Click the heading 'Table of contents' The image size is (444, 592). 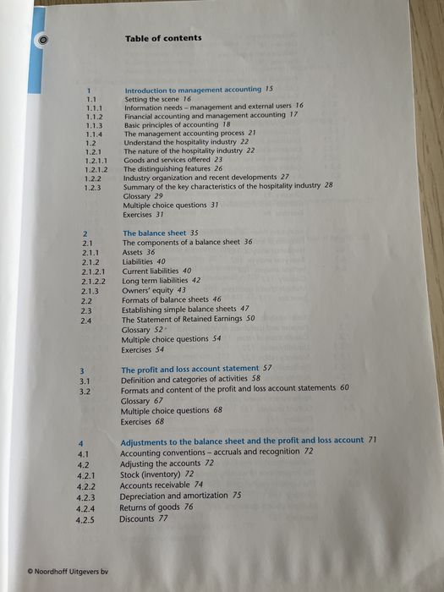[x=163, y=38]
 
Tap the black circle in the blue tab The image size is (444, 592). [x=44, y=39]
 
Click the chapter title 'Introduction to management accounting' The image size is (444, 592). [x=193, y=89]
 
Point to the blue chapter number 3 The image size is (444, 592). [x=81, y=370]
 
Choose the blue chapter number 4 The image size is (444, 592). [x=80, y=443]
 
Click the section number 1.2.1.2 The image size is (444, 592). [x=96, y=169]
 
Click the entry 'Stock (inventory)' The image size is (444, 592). [x=151, y=474]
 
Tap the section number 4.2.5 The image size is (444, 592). [x=85, y=520]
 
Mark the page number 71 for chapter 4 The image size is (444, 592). [x=371, y=441]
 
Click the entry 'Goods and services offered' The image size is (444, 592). [x=167, y=159]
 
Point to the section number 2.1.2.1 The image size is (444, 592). [x=94, y=271]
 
